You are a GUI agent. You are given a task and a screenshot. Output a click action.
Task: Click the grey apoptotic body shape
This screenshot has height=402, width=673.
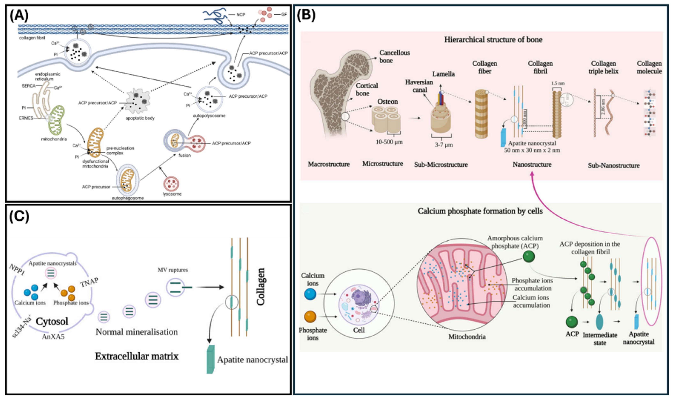click(138, 101)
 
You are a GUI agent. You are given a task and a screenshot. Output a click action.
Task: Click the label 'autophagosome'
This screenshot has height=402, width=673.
click(128, 198)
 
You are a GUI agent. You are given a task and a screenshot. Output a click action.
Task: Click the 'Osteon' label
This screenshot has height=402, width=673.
click(387, 102)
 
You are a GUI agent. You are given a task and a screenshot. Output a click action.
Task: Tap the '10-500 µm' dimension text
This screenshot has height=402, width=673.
click(389, 142)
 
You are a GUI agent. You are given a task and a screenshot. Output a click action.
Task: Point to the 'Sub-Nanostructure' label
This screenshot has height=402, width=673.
click(613, 166)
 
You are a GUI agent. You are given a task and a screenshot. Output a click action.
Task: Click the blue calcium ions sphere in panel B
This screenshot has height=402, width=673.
click(310, 294)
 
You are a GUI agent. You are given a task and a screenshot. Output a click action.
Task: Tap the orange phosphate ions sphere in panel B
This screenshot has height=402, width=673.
click(310, 316)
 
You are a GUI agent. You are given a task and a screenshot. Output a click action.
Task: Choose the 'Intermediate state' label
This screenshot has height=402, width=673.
click(600, 339)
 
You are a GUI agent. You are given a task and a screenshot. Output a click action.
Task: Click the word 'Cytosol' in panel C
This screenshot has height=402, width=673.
click(52, 322)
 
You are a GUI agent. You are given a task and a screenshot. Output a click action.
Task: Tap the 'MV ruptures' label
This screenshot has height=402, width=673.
click(172, 270)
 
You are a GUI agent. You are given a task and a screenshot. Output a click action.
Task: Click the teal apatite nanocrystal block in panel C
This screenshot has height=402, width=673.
click(210, 359)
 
